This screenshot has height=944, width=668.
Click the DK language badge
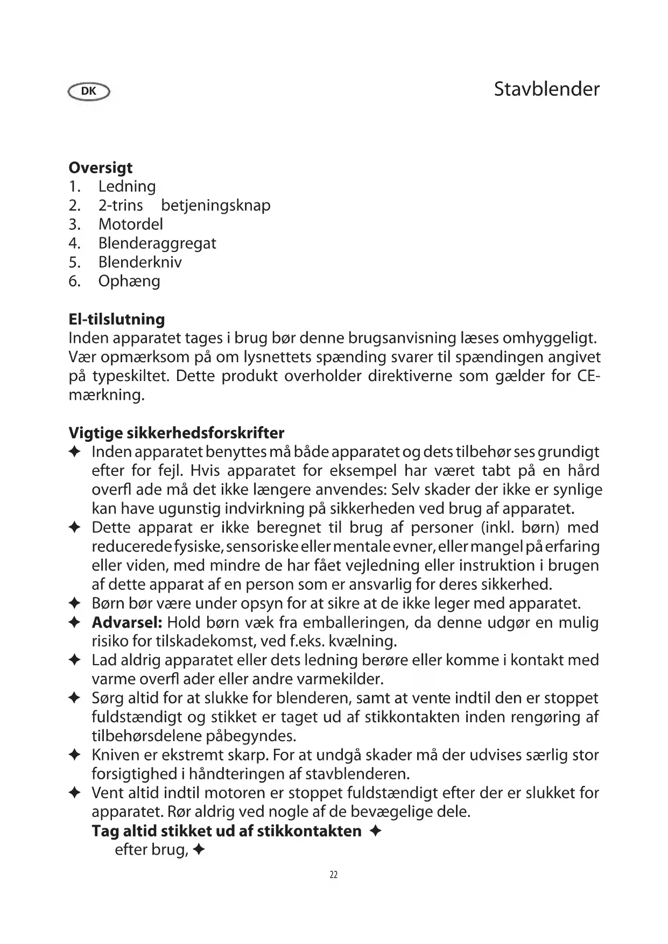(x=89, y=91)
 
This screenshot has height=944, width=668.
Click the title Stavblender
(x=546, y=89)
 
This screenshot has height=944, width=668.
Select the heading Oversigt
(x=101, y=168)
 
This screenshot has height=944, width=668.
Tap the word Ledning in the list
(x=127, y=187)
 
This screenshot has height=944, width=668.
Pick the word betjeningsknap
(x=216, y=206)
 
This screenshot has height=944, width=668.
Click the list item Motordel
(x=130, y=224)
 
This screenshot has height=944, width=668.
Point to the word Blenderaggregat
(x=157, y=243)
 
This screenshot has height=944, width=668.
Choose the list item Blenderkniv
(x=140, y=262)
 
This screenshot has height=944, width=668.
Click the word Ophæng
(x=129, y=281)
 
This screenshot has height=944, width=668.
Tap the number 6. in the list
(x=74, y=281)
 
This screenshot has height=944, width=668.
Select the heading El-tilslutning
(x=117, y=319)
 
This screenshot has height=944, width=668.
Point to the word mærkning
(x=107, y=395)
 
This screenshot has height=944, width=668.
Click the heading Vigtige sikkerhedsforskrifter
(x=177, y=433)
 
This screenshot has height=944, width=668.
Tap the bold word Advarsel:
(x=127, y=623)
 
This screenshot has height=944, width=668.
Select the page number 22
(x=334, y=875)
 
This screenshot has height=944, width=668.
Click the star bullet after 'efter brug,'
(x=199, y=851)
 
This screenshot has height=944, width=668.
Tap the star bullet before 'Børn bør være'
(x=75, y=604)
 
